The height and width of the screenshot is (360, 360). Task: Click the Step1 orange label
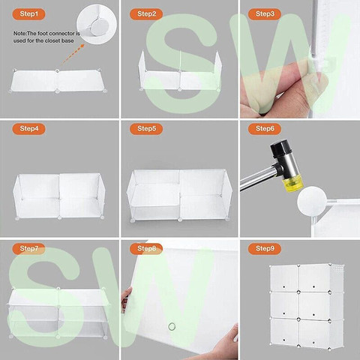point(28,13)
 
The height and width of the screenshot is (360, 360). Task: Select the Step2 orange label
point(146,13)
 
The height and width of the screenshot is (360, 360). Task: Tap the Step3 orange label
point(265,13)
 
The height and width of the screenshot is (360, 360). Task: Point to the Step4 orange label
point(28,129)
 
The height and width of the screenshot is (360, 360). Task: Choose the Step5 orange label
point(146,129)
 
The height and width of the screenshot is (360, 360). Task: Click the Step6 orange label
point(265,129)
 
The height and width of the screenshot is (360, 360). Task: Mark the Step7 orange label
point(28,248)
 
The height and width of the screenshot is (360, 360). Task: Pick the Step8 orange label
point(146,248)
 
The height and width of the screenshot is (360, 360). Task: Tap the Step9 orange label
point(265,248)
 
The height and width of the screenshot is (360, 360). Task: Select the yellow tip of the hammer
point(292,184)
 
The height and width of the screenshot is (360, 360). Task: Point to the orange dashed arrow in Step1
point(72,56)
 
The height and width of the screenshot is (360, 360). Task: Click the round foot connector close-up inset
point(97,24)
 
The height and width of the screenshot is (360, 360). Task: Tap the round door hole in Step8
point(172,326)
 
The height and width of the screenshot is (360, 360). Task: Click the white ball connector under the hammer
point(312,201)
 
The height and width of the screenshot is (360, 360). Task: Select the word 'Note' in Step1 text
point(19,34)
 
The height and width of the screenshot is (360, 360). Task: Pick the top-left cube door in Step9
point(284,278)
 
